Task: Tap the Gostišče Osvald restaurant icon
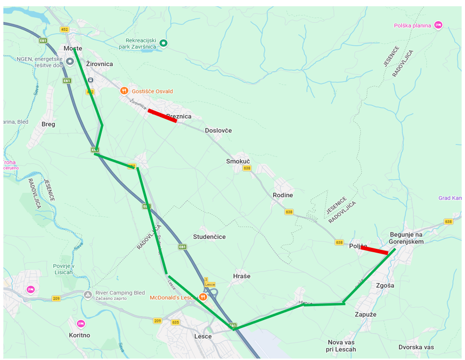click(x=124, y=91)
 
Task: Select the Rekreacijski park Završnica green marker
click(x=163, y=43)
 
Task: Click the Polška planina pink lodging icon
click(x=438, y=25)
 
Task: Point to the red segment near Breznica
click(x=162, y=116)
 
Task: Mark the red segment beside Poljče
click(x=374, y=250)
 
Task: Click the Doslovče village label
click(x=218, y=130)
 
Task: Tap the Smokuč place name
click(x=238, y=161)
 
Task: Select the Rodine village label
click(x=283, y=195)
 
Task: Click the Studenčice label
click(x=209, y=237)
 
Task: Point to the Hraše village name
click(x=241, y=276)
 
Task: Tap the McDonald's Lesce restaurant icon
click(x=203, y=297)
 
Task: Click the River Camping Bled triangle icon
click(x=88, y=295)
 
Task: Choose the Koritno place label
click(x=79, y=335)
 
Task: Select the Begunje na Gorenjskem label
click(x=407, y=238)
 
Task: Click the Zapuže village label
click(x=365, y=314)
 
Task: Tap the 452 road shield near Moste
click(x=64, y=29)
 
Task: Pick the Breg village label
click(x=49, y=124)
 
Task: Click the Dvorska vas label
click(x=416, y=347)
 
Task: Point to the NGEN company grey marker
click(x=70, y=62)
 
